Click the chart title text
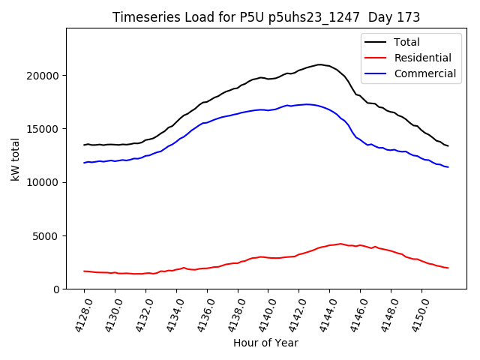tap(266, 16)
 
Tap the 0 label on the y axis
tap(56, 289)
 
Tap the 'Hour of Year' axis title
tap(265, 343)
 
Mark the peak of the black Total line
tap(320, 64)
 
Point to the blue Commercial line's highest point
tap(307, 104)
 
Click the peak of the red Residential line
tap(340, 244)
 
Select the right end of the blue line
tap(448, 167)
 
